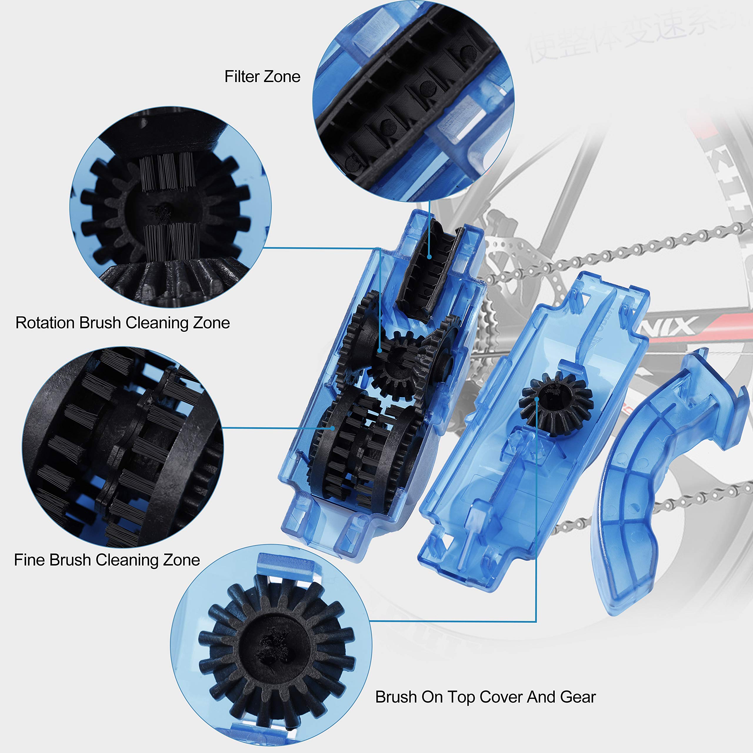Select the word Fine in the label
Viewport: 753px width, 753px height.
click(29, 560)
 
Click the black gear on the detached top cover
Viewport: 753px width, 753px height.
click(555, 403)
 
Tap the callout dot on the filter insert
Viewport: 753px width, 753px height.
click(429, 257)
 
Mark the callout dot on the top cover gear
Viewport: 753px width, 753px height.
click(537, 399)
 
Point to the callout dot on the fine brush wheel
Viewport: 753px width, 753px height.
click(332, 428)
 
